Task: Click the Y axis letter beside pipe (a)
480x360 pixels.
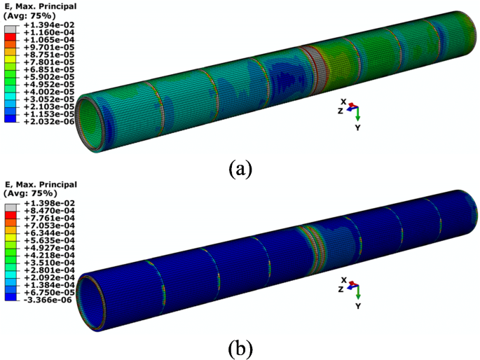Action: tap(357, 128)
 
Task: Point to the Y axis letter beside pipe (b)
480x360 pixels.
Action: tap(357, 306)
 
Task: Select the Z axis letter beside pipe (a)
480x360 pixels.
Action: tap(340, 111)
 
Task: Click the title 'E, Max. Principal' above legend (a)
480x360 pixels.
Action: tap(41, 6)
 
